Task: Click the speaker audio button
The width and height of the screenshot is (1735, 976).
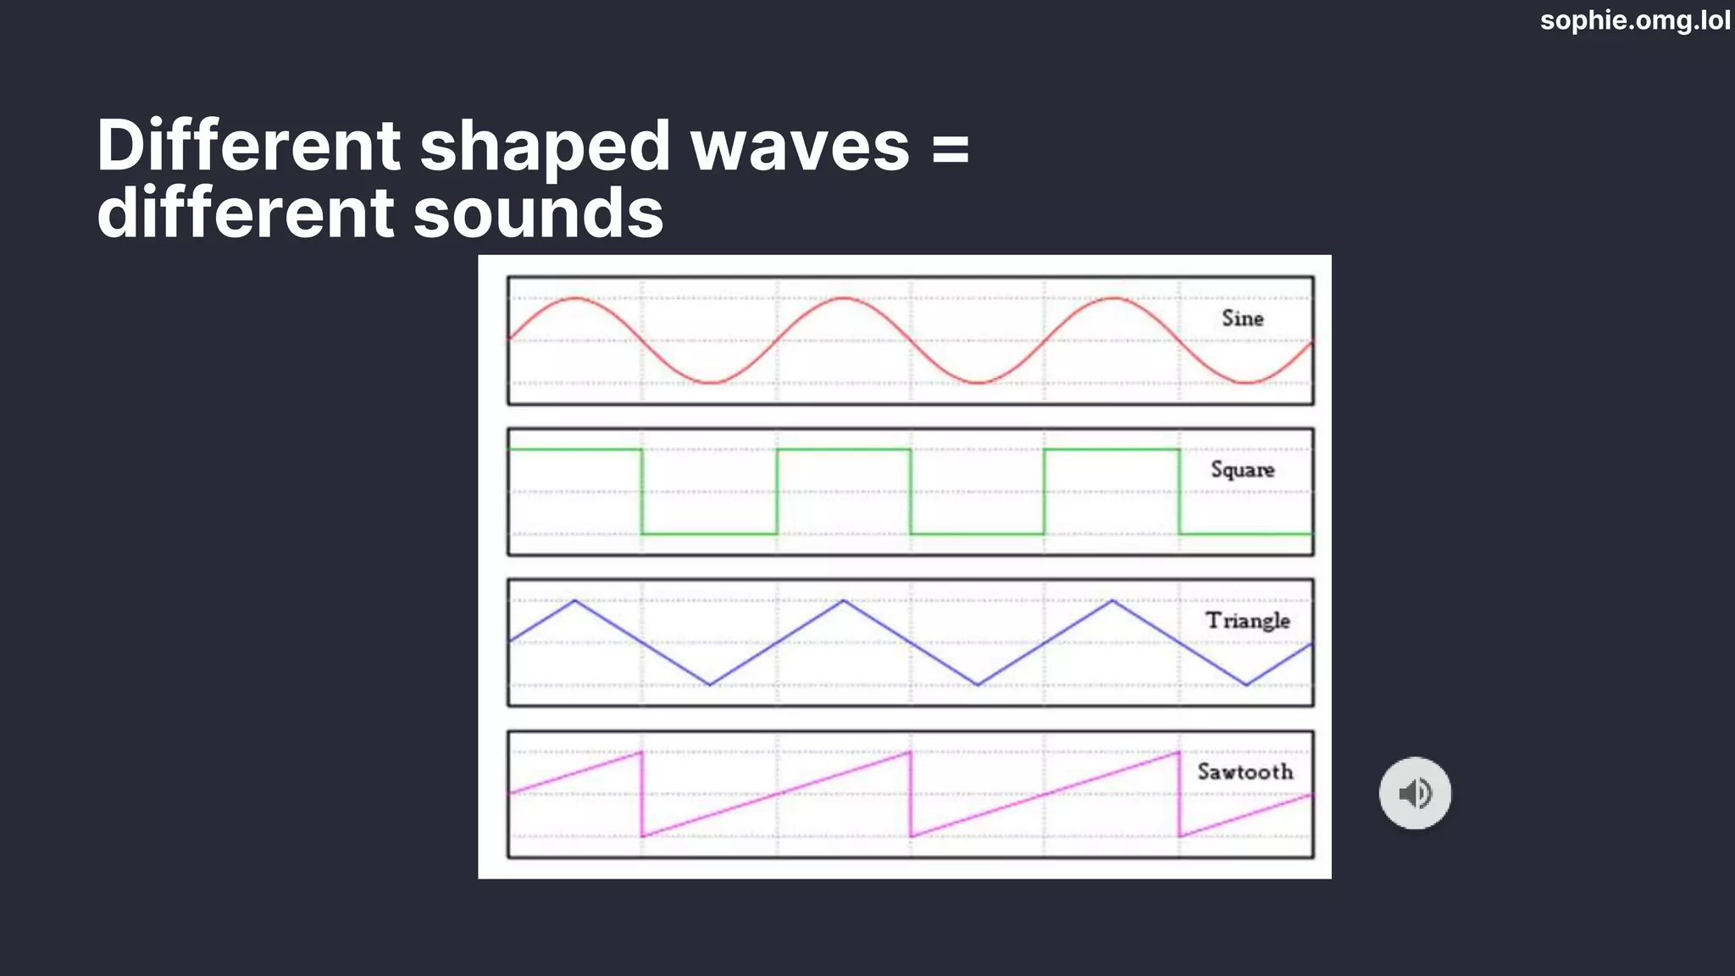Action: click(x=1415, y=793)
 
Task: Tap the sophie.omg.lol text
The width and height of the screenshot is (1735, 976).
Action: click(x=1635, y=19)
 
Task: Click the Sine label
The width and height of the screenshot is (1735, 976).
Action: click(x=1243, y=319)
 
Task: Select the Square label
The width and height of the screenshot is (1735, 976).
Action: click(x=1243, y=469)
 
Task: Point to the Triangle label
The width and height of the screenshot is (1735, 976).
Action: click(x=1248, y=620)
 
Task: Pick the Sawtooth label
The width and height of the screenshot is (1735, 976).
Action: click(x=1245, y=772)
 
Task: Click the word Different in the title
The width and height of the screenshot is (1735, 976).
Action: click(x=248, y=146)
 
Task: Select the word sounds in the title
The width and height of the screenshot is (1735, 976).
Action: click(x=538, y=213)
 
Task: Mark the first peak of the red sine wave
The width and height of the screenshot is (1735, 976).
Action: click(x=576, y=298)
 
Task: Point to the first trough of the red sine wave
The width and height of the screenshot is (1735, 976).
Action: click(x=710, y=383)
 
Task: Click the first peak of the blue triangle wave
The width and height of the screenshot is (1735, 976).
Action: click(x=575, y=601)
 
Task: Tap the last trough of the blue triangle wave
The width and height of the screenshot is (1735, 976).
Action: click(x=1246, y=685)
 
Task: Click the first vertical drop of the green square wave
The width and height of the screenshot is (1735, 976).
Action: click(x=642, y=491)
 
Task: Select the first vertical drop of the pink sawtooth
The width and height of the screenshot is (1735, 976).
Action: click(x=642, y=794)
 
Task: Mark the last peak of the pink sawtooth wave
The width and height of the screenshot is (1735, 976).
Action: click(x=1178, y=752)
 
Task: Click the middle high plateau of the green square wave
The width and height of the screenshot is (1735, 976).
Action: click(x=844, y=450)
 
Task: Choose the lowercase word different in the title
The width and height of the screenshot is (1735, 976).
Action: click(x=246, y=213)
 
